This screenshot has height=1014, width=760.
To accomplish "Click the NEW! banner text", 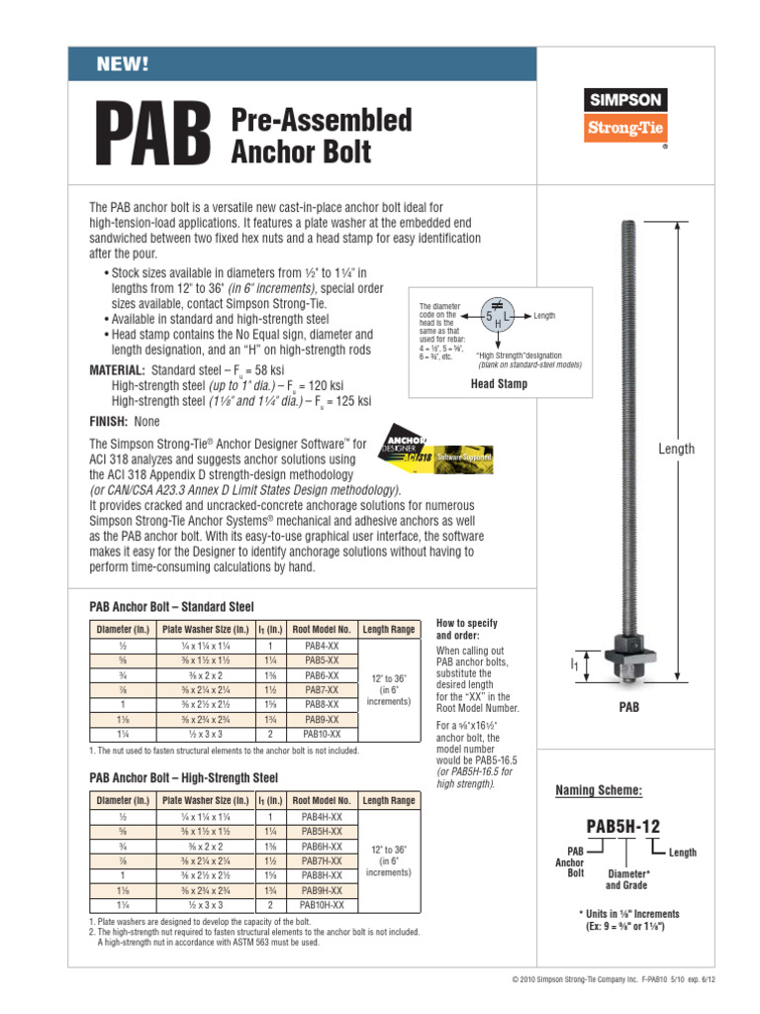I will coord(121,65).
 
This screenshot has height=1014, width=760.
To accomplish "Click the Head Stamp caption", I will coord(498,383).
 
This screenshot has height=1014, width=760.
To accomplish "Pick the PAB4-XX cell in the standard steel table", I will coord(322,646).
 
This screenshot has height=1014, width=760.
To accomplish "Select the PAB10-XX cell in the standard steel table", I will coord(322,735).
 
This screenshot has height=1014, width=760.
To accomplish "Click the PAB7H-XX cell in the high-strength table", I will coord(322,862).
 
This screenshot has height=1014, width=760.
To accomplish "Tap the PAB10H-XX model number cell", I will coord(322,905).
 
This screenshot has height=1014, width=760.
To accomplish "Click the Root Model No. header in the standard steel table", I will coord(322,630).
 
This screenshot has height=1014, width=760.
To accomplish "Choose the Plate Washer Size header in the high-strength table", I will coord(205,800).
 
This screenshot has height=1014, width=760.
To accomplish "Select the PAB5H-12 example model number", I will coord(623,826).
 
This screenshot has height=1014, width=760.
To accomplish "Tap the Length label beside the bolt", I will coord(676,449).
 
